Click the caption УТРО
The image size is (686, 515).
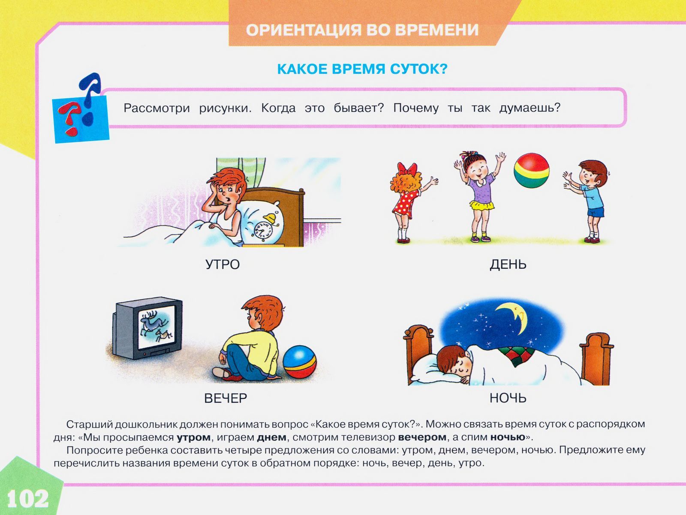[223, 265]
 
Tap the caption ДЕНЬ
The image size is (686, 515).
[508, 265]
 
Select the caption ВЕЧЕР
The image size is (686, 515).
[226, 398]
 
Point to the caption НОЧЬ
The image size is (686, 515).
[508, 398]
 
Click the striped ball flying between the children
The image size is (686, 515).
[531, 170]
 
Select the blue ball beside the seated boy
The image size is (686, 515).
[299, 361]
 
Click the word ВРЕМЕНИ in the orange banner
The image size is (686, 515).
[437, 30]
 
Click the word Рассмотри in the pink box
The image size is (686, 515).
[156, 108]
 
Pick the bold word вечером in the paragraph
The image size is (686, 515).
[422, 437]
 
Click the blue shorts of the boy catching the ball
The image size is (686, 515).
[596, 211]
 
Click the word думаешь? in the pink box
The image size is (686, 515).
[530, 108]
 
